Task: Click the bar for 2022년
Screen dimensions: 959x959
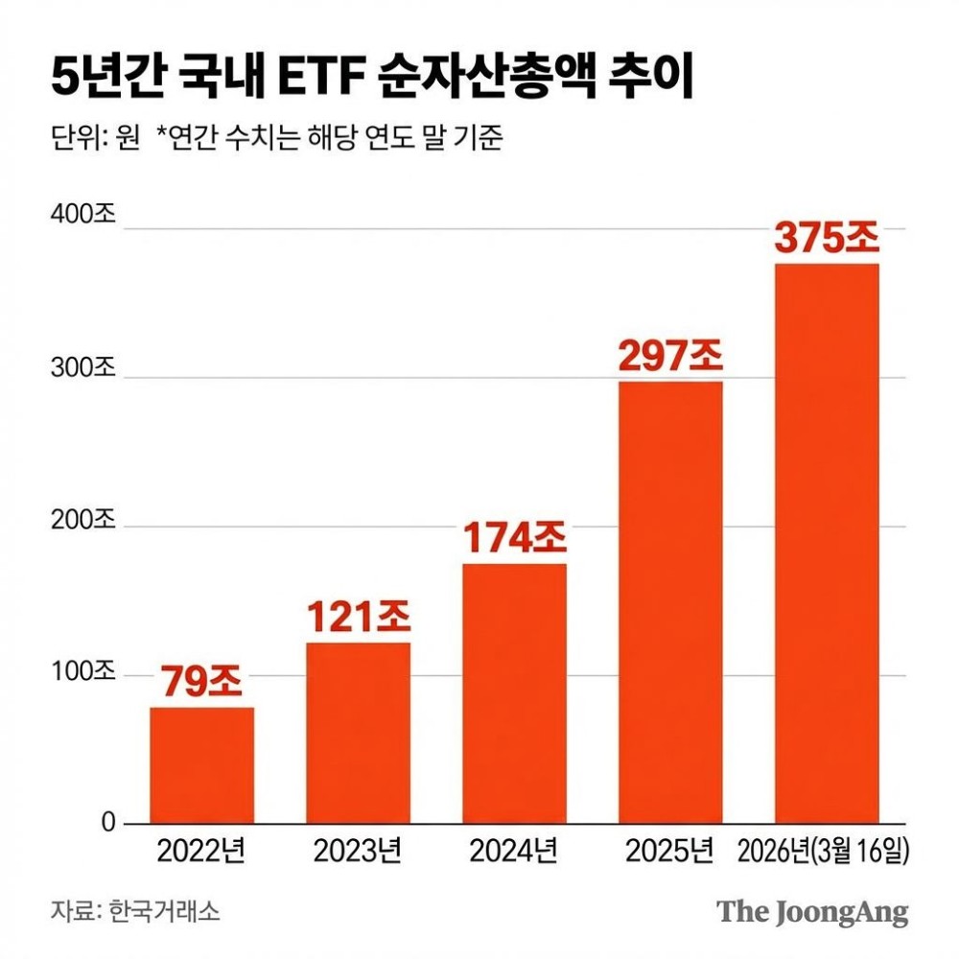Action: [201, 765]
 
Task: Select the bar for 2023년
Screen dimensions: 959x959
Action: [358, 733]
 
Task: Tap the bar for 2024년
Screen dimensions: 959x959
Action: [514, 693]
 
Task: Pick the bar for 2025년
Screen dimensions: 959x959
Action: [670, 602]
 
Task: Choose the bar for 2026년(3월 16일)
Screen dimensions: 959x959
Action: [827, 544]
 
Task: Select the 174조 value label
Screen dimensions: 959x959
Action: [514, 539]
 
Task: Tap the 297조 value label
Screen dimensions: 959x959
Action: [670, 357]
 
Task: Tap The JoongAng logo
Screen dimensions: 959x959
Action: [811, 911]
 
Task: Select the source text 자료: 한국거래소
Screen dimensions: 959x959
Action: [135, 911]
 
